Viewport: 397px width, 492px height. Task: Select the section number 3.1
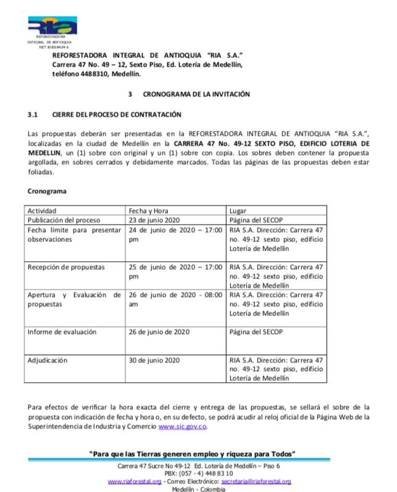pyautogui.click(x=33, y=114)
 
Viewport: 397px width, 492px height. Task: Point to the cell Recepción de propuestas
pyautogui.click(x=66, y=267)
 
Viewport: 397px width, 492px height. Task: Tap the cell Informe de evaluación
pyautogui.click(x=61, y=331)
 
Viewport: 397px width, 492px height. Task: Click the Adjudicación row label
pyautogui.click(x=48, y=360)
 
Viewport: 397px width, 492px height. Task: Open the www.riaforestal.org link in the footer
pyautogui.click(x=135, y=481)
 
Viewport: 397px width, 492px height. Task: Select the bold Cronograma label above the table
pyautogui.click(x=47, y=191)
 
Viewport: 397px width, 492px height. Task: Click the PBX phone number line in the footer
pyautogui.click(x=198, y=473)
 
